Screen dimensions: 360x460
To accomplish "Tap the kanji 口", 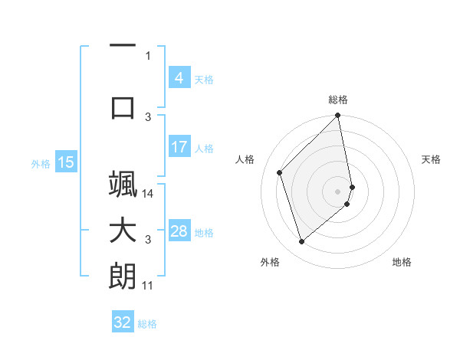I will pyautogui.click(x=123, y=107).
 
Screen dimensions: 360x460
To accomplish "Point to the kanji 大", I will pyautogui.click(x=123, y=231).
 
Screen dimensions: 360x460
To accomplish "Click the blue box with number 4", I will pyautogui.click(x=179, y=78).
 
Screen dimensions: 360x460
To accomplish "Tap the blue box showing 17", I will pyautogui.click(x=179, y=147).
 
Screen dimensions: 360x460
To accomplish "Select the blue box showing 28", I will pyautogui.click(x=179, y=231).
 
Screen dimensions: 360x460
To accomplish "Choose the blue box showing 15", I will pyautogui.click(x=65, y=162).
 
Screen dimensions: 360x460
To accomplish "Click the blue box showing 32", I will pyautogui.click(x=123, y=322).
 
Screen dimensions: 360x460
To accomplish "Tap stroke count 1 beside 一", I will pyautogui.click(x=148, y=55).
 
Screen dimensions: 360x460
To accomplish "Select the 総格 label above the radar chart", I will pyautogui.click(x=338, y=100).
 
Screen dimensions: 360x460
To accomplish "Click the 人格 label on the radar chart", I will pyautogui.click(x=246, y=159).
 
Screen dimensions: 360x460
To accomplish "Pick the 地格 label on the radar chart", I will pyautogui.click(x=402, y=263).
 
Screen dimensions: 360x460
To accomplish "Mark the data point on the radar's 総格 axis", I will pyautogui.click(x=338, y=116).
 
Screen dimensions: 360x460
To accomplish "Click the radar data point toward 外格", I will pyautogui.click(x=302, y=242).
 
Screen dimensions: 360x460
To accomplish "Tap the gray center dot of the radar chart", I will pyautogui.click(x=338, y=191).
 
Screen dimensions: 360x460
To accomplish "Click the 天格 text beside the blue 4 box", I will pyautogui.click(x=204, y=79).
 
